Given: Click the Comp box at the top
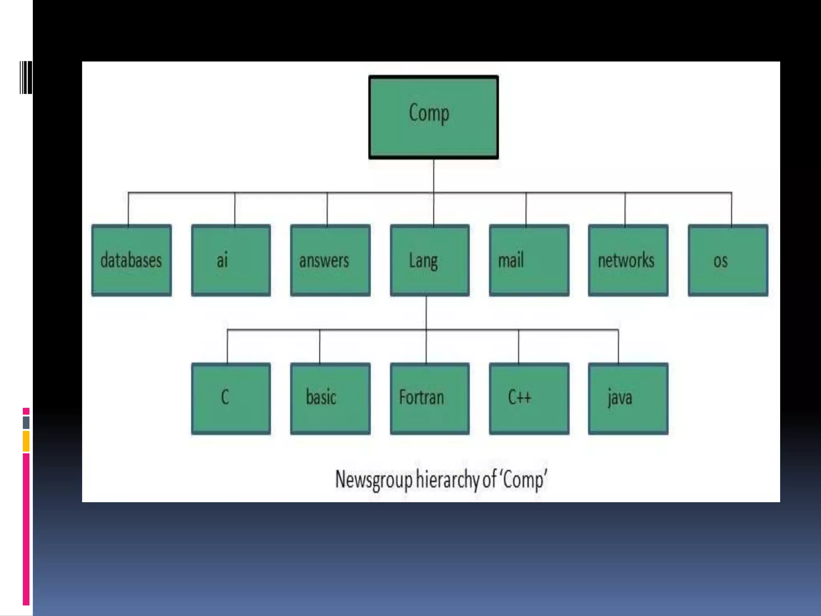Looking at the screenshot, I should coord(433,117).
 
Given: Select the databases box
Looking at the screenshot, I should coord(131,260).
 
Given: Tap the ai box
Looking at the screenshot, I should coord(231,260).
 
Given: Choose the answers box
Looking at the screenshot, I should coord(330,260).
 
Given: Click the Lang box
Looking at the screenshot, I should coord(429,260).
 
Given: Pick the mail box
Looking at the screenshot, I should coord(529,260).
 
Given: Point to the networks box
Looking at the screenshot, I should coord(628,260).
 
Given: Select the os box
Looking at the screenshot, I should coord(728,260).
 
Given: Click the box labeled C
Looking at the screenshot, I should coord(231,398).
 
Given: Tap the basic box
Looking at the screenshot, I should coord(330,398).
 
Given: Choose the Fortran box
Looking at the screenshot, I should coord(429,398).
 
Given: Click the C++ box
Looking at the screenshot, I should coord(529,398).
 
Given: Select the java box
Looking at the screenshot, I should coord(628,398).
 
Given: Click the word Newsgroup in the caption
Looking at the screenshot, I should coord(373,479).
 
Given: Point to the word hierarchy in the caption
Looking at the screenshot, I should coord(448,479).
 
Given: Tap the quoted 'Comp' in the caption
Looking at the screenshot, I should coord(523,479).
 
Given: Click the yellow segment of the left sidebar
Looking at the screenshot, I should coord(26,441).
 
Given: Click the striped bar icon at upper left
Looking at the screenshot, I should coord(26,78).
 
